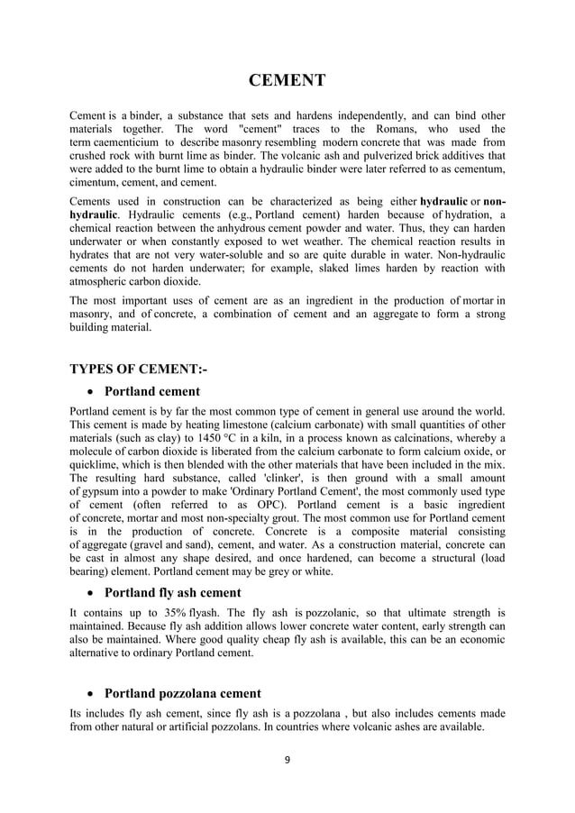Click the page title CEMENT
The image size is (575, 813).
tap(287, 82)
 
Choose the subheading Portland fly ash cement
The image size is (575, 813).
tap(173, 592)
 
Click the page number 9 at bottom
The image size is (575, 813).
tap(287, 761)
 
